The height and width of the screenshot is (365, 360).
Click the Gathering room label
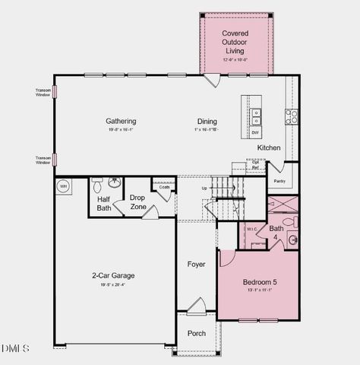[x=121, y=121]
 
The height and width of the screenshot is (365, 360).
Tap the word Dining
[x=207, y=121]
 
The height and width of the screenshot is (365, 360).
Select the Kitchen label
[x=269, y=148]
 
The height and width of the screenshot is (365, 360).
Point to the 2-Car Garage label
[x=113, y=275]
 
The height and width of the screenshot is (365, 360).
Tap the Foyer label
[x=197, y=264]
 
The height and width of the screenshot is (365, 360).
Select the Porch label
[x=197, y=333]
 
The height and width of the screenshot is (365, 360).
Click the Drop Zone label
[x=137, y=202]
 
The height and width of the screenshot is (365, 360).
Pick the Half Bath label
[x=104, y=203]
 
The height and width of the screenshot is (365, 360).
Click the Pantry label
[x=279, y=182]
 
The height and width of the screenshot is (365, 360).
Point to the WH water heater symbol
[x=64, y=186]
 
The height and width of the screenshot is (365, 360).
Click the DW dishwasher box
[x=255, y=133]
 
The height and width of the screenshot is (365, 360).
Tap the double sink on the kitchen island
[x=256, y=116]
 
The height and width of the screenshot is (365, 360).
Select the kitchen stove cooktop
[x=291, y=116]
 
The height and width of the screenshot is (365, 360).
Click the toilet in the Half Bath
[x=97, y=185]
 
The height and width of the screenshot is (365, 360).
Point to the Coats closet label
[x=164, y=186]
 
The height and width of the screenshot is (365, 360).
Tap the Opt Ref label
[x=256, y=165]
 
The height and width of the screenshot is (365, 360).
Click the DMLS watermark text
[x=15, y=348]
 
